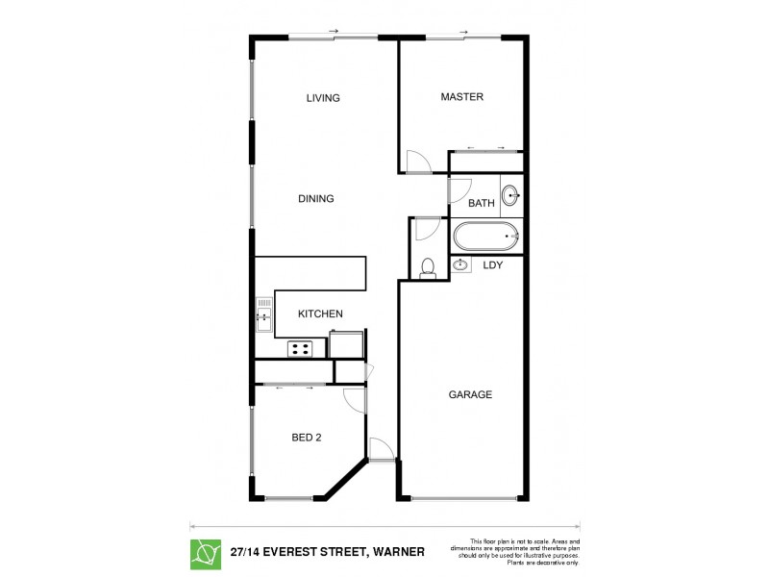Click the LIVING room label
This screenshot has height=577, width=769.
coord(323,98)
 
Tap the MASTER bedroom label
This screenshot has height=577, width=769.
coord(461,97)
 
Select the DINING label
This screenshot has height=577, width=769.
coord(315,199)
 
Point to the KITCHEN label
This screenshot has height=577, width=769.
coord(320,314)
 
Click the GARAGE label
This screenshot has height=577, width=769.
coord(470,395)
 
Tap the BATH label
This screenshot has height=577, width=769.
coord(481,203)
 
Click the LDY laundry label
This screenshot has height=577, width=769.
coord(493,264)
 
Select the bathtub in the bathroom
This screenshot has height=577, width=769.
coord(486,237)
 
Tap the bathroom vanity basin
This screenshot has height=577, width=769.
coord(510,195)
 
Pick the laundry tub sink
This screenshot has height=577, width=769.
coord(461,264)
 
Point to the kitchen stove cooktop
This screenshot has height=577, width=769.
coord(301,348)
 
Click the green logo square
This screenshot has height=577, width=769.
coord(205,552)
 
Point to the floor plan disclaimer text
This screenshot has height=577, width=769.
coord(525,552)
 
